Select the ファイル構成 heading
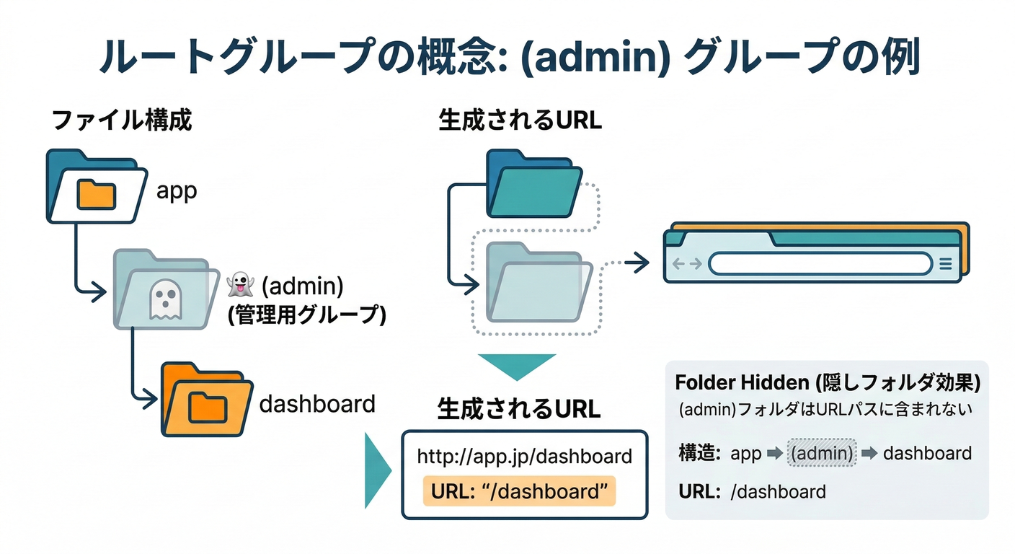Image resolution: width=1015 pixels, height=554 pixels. coord(122,120)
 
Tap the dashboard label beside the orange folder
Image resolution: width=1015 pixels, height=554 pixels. coord(317,403)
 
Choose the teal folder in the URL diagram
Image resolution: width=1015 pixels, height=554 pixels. coord(533,184)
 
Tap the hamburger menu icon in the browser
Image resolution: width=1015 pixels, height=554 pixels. coord(946,264)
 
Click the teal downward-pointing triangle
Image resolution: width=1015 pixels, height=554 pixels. coord(516,366)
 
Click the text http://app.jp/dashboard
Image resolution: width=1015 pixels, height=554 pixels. coord(524,456)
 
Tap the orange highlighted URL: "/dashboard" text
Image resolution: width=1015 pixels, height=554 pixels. coord(519,491)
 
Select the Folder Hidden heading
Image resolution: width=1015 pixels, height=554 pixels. coord(827,382)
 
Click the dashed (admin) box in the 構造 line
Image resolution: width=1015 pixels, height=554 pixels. coord(822,453)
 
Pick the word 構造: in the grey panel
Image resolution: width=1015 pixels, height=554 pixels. coord(700,453)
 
